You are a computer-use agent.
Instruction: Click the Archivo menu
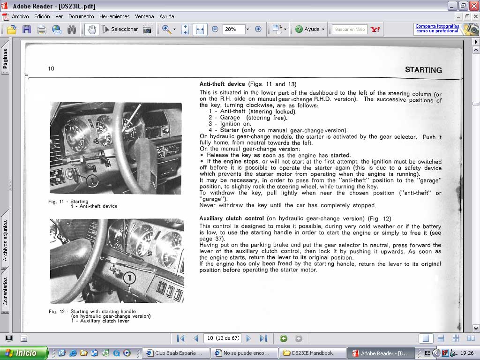[x=20, y=16]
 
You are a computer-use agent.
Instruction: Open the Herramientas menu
[x=114, y=16]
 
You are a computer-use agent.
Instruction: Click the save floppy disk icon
[x=27, y=30]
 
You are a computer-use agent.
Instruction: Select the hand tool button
[x=91, y=30]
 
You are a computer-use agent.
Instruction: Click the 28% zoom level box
[x=233, y=30]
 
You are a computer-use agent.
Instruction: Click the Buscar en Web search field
[x=350, y=30]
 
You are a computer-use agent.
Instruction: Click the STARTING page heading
[x=423, y=70]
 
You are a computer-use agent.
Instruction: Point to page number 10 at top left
[x=51, y=68]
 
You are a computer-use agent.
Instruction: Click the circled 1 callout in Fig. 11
[x=92, y=180]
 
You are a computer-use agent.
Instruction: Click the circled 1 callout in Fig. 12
[x=129, y=278]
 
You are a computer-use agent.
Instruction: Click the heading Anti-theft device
[x=222, y=84]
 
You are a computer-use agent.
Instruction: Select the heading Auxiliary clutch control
[x=232, y=218]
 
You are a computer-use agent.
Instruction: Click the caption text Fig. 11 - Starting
[x=68, y=202]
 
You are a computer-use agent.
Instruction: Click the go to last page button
[x=263, y=338]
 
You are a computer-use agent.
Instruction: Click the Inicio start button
[x=24, y=353]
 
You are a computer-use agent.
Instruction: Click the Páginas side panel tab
[x=5, y=58]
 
